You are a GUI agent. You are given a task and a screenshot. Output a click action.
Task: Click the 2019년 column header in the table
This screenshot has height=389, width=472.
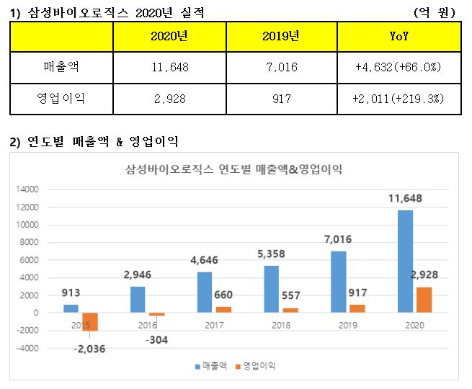coord(281,37)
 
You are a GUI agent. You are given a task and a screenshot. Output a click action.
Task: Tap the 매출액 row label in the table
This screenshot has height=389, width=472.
coord(61,68)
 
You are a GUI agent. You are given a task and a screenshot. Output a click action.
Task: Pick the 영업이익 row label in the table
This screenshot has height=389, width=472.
coord(61,99)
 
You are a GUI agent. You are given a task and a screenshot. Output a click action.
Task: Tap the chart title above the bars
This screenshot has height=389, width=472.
coord(233,170)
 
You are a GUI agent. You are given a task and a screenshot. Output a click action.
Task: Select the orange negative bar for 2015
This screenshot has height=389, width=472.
coord(91,321)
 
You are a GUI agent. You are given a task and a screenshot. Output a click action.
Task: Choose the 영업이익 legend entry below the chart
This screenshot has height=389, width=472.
coord(253,366)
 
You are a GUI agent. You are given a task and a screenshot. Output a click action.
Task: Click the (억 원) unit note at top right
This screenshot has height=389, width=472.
coord(435,12)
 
